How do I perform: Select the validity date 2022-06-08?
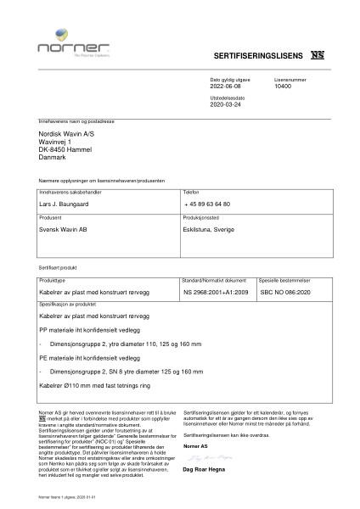click(226, 87)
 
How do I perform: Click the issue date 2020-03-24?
click(226, 104)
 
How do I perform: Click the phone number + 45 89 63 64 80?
click(207, 204)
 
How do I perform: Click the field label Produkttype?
click(53, 279)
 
